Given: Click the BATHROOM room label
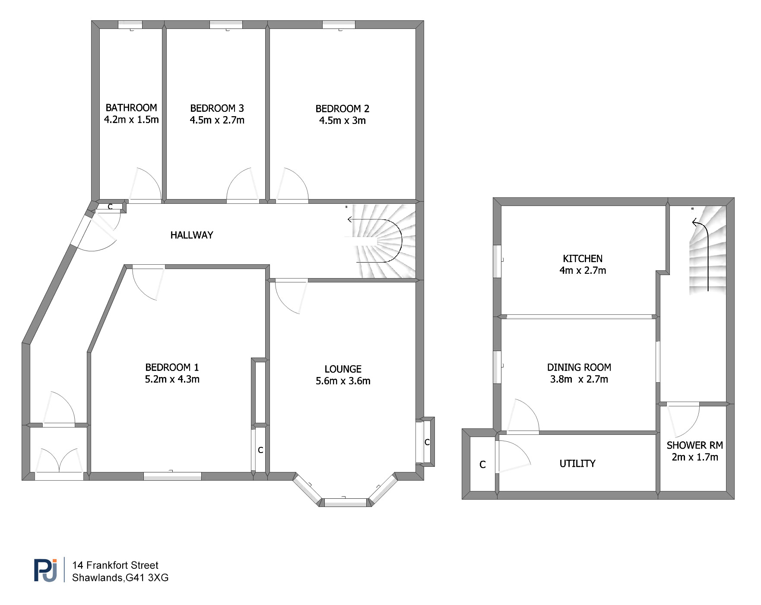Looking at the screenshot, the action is click(131, 108).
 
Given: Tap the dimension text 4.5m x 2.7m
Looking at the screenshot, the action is click(217, 120).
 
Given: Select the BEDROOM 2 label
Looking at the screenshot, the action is click(342, 109).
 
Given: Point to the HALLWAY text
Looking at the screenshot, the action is click(192, 235).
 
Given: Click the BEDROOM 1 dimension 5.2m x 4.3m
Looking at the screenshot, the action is click(172, 379).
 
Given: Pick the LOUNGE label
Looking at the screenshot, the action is click(343, 369).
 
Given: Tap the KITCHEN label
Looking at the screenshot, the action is click(583, 259).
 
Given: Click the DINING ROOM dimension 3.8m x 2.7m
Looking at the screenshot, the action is click(579, 379).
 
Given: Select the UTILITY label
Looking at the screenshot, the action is click(577, 463).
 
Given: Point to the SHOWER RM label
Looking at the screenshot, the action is click(694, 445).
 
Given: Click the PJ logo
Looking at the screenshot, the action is click(45, 570).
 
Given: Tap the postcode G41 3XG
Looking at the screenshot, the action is click(147, 578).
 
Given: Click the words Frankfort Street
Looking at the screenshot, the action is click(122, 565).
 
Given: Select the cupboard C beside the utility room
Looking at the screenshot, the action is click(482, 465).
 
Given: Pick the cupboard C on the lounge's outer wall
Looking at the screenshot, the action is click(427, 442).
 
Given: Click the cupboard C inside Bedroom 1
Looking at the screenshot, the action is click(260, 450).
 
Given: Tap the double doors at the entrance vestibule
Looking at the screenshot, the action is click(59, 461).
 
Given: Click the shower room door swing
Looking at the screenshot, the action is click(683, 421).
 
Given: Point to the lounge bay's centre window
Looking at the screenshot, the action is click(345, 502).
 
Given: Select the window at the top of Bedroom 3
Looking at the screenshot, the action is click(226, 25).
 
